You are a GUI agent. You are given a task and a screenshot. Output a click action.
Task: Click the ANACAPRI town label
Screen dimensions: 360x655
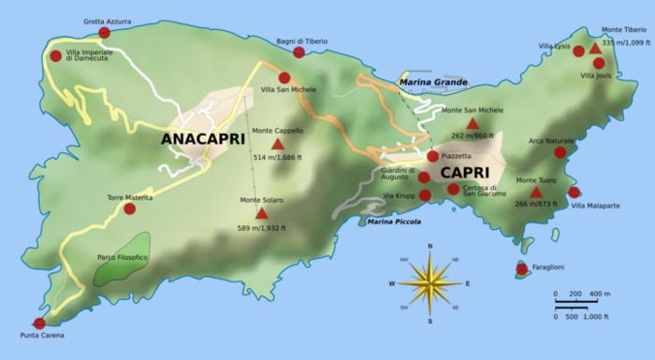(202, 139)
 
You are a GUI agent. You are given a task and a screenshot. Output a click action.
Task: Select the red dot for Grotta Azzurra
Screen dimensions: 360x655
(104, 33)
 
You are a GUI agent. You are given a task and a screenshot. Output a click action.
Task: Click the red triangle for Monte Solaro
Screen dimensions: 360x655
(261, 213)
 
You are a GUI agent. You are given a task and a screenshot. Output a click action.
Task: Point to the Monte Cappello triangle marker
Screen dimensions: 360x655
(277, 145)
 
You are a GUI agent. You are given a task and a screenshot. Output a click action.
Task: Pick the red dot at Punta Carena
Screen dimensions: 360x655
(38, 323)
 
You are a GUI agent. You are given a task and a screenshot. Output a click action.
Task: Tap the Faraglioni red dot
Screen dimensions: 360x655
(522, 269)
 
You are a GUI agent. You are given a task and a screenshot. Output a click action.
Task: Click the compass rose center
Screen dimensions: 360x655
(429, 282)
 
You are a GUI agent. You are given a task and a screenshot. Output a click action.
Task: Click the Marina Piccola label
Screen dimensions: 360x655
(394, 222)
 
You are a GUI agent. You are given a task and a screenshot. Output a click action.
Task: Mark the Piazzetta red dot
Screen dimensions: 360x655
(432, 157)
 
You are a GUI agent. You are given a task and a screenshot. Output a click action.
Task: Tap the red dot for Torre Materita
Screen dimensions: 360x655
(129, 209)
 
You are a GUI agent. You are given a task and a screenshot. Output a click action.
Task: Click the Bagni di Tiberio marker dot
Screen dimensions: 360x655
(298, 52)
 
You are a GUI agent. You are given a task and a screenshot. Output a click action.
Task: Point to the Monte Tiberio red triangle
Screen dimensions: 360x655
(595, 48)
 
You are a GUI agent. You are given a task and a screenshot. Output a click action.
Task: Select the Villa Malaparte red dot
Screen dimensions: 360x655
(574, 193)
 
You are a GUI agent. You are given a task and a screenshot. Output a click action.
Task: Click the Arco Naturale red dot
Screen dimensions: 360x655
(560, 152)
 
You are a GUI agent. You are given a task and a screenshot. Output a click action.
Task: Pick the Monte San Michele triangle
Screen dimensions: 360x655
(473, 123)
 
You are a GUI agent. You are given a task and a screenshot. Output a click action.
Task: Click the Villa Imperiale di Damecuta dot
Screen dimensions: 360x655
(55, 56)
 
